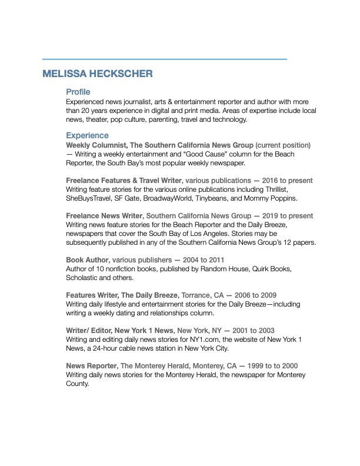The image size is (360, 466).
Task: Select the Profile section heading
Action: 78,92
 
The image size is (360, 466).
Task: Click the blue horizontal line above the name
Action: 165,59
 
